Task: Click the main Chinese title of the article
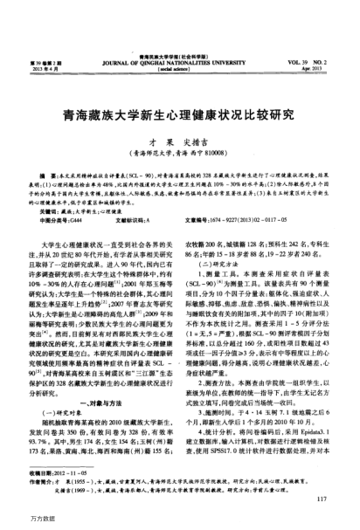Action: (178, 90)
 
